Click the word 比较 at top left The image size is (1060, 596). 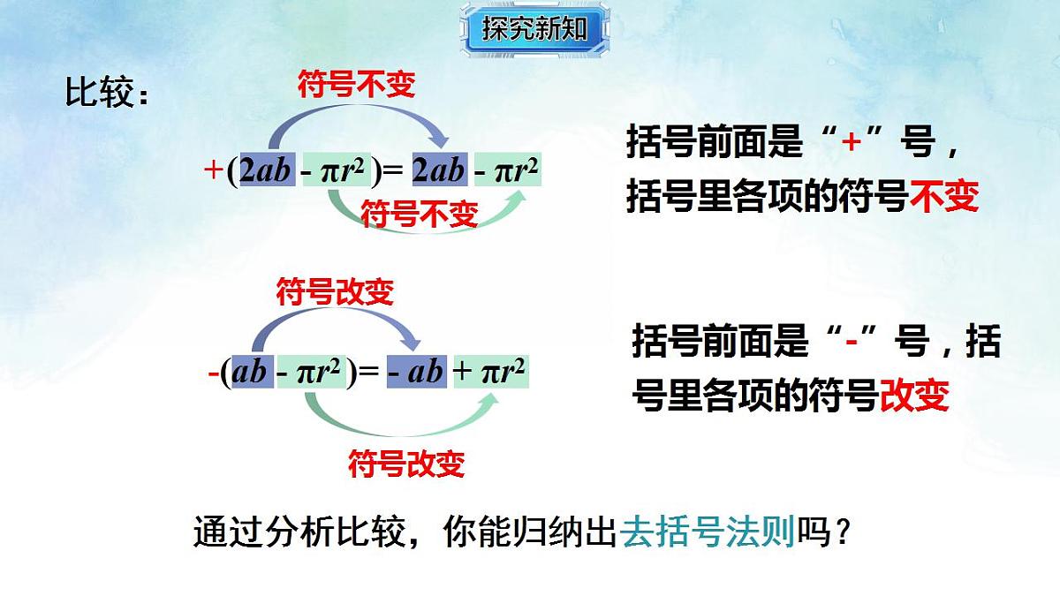(x=99, y=93)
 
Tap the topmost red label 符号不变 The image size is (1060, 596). (x=356, y=85)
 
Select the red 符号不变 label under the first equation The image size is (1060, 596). (x=420, y=214)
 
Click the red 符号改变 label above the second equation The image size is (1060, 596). (x=335, y=291)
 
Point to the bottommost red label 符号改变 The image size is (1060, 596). (x=406, y=463)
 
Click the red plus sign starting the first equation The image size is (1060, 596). (x=213, y=170)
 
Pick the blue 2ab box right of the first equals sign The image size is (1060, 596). (x=438, y=170)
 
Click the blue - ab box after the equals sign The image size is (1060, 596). (x=415, y=373)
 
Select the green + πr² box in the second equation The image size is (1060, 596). (x=489, y=373)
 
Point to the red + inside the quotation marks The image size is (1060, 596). (x=851, y=141)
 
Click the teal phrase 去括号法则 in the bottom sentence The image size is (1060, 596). (x=708, y=533)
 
